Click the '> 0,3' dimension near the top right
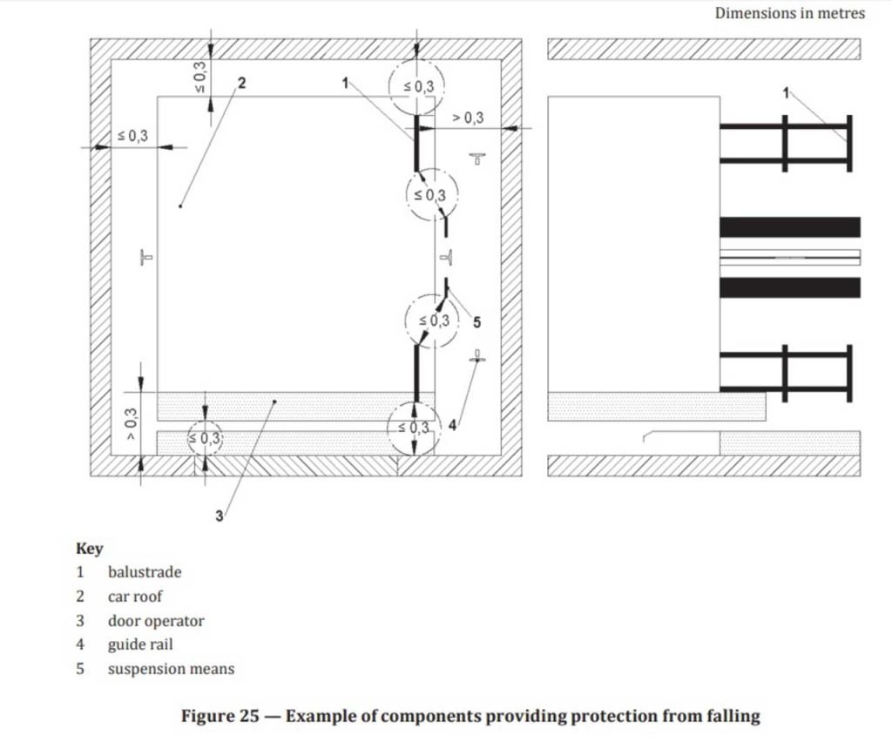pyautogui.click(x=468, y=118)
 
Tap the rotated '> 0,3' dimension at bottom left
pyautogui.click(x=131, y=424)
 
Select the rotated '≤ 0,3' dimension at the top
pyautogui.click(x=200, y=77)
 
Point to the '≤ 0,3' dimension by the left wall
pyautogui.click(x=132, y=136)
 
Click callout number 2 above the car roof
pyautogui.click(x=242, y=83)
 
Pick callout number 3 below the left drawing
pyautogui.click(x=219, y=516)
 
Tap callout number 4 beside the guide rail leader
pyautogui.click(x=452, y=425)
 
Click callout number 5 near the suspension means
pyautogui.click(x=476, y=322)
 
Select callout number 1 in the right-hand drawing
pyautogui.click(x=787, y=92)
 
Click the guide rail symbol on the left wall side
pyautogui.click(x=146, y=257)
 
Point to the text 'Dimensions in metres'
pyautogui.click(x=789, y=13)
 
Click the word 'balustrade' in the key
pyautogui.click(x=145, y=572)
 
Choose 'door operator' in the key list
pyautogui.click(x=156, y=621)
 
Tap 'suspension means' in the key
pyautogui.click(x=172, y=669)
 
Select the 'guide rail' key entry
pyautogui.click(x=140, y=644)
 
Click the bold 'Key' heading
pyautogui.click(x=90, y=549)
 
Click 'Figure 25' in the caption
pyautogui.click(x=220, y=716)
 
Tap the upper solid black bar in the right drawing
pyautogui.click(x=789, y=226)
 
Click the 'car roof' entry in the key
pyautogui.click(x=135, y=597)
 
